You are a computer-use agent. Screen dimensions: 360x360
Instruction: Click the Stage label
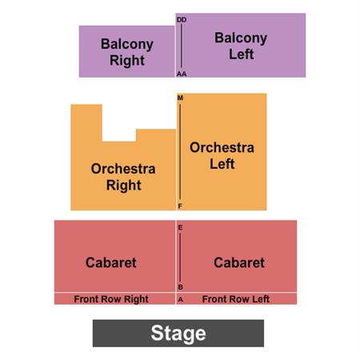[178, 334]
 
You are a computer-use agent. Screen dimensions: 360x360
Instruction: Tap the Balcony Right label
[127, 52]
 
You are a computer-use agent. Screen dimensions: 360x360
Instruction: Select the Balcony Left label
[241, 46]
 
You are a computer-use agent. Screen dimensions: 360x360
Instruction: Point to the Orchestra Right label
[123, 177]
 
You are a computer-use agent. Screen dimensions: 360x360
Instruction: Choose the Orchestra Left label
[222, 156]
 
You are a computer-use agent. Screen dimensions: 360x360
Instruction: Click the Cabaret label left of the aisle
[111, 262]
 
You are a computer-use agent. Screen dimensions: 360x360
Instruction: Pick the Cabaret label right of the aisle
[239, 262]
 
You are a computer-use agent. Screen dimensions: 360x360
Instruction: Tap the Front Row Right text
[111, 299]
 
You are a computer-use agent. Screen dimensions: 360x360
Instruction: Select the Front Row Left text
[236, 299]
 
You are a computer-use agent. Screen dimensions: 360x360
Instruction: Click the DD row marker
[182, 20]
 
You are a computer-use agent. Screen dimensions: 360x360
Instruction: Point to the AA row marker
[182, 74]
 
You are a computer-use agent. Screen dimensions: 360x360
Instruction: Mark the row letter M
[180, 98]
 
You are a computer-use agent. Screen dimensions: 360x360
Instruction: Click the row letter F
[180, 206]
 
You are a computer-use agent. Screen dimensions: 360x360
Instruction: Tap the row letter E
[180, 227]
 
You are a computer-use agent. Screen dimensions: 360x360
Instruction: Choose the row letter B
[180, 287]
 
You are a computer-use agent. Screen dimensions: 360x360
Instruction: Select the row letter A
[181, 300]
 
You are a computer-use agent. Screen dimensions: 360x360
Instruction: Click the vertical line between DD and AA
[182, 46]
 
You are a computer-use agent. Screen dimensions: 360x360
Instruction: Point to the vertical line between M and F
[180, 152]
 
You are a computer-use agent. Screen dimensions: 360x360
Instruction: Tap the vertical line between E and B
[180, 258]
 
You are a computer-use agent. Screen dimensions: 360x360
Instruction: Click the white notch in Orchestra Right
[119, 122]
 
